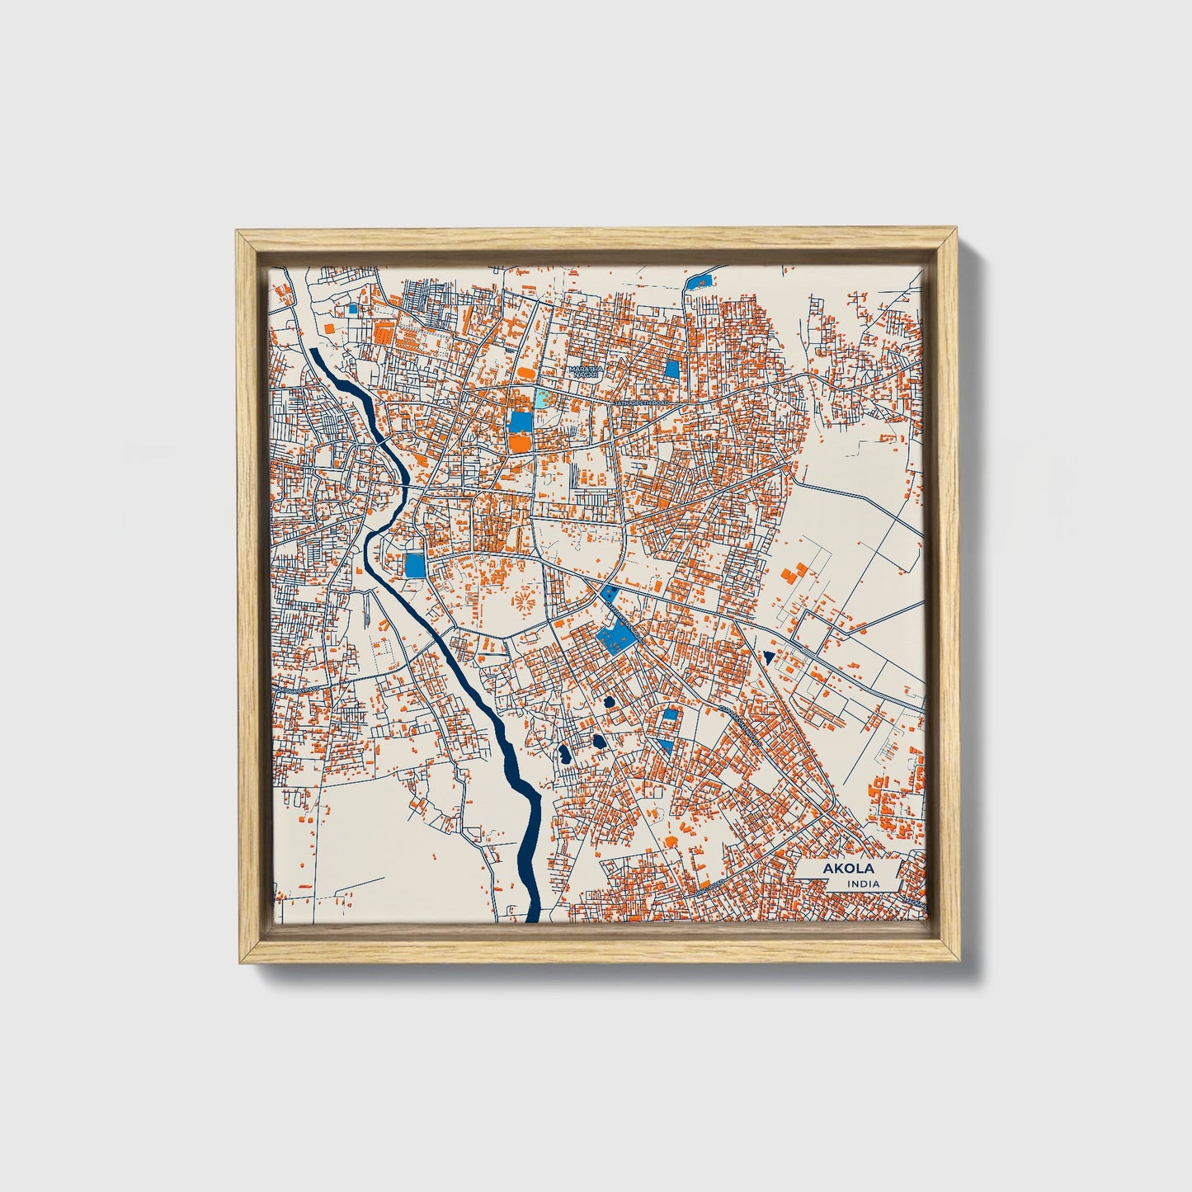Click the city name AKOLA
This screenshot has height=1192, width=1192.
click(848, 869)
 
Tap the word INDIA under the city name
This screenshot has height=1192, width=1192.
click(863, 884)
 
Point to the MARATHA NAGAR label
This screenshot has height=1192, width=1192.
click(585, 372)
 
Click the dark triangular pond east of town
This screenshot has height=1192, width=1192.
click(769, 657)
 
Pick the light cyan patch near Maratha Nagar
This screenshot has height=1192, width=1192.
click(541, 399)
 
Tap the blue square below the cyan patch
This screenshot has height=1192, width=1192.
click(521, 422)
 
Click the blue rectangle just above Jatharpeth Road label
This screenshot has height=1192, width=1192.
click(672, 369)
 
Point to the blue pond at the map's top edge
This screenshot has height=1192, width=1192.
click(698, 280)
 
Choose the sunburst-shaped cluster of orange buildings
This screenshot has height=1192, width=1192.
click(522, 600)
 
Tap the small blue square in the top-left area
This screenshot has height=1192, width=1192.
click(353, 310)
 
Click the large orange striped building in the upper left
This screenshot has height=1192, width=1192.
click(382, 332)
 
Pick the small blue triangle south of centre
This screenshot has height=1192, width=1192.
click(665, 745)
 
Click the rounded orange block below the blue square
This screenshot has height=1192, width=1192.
click(520, 444)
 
